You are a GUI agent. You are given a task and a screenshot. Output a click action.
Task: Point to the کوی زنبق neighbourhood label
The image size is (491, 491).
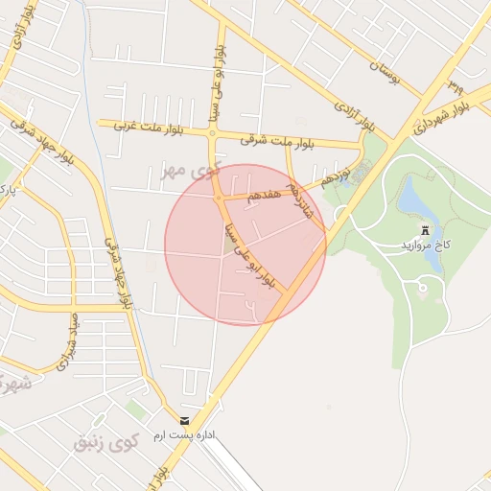click(x=106, y=441)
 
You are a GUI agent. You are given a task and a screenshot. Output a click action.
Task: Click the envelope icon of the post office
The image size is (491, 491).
click(x=184, y=421)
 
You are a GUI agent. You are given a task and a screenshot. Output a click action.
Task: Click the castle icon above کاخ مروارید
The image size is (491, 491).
click(x=425, y=230)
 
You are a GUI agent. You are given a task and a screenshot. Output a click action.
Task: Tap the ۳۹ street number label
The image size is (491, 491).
click(x=454, y=85)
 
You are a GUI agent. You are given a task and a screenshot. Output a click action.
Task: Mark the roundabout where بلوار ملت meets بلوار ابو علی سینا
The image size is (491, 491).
click(x=213, y=136)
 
